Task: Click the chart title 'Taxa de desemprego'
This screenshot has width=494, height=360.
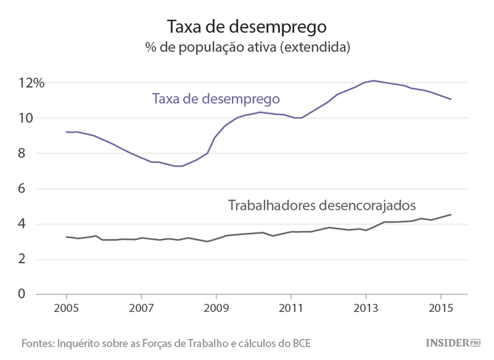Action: click(247, 26)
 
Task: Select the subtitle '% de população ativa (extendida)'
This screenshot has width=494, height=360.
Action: click(247, 48)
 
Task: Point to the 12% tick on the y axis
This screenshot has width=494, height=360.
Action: click(31, 83)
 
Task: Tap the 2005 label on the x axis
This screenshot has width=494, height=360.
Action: click(66, 308)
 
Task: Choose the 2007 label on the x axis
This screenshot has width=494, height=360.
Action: click(141, 308)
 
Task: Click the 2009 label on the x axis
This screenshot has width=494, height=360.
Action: click(216, 308)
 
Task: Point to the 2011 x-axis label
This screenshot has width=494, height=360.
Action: click(290, 308)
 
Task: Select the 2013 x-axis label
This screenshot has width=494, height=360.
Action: click(366, 308)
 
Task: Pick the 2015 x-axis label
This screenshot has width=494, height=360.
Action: click(440, 308)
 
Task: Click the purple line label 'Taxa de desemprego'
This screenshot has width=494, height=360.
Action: click(216, 99)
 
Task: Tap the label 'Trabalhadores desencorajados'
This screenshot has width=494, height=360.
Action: click(322, 205)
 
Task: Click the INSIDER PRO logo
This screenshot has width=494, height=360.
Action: click(453, 342)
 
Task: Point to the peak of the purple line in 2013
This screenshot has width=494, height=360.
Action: click(373, 80)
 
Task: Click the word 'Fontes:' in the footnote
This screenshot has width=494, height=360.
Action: click(38, 343)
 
